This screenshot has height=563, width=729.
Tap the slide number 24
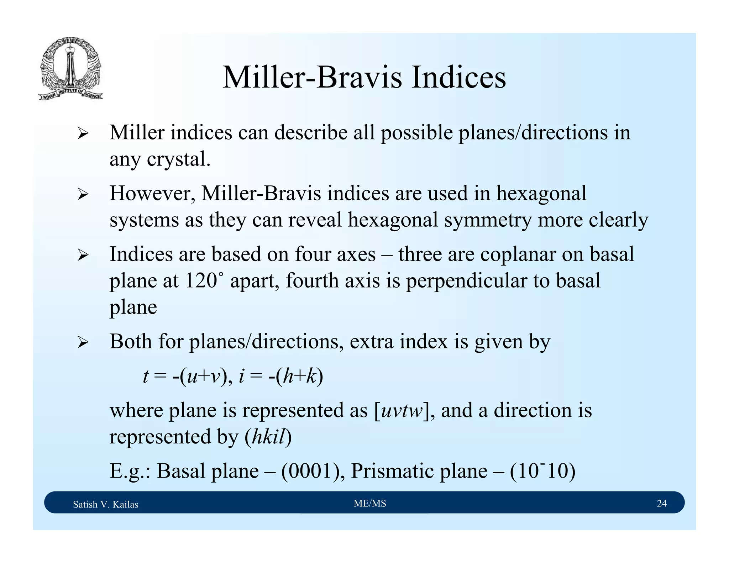(x=661, y=503)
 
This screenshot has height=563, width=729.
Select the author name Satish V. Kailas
(x=105, y=504)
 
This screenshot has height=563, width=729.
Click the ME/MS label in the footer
(x=370, y=503)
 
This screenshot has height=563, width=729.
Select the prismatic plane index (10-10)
(x=542, y=471)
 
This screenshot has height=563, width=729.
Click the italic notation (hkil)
(x=268, y=437)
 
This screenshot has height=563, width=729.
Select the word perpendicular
(x=466, y=280)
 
